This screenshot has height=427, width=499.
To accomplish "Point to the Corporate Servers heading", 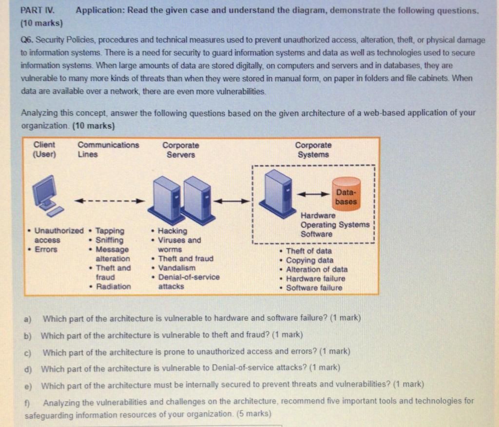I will tap(181, 150).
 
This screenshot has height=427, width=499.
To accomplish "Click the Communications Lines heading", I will tap(108, 150).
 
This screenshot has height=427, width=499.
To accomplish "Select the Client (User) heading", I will tap(44, 150).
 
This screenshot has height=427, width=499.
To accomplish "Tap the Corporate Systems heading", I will tap(313, 150).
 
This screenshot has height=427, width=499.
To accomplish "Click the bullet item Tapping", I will tap(110, 231).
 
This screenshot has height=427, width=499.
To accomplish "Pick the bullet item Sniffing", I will tap(110, 240).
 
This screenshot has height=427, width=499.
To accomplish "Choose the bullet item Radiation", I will tap(114, 287).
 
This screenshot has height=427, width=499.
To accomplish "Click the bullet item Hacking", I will tap(173, 231).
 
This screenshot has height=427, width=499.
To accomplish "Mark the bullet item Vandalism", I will tap(177, 268).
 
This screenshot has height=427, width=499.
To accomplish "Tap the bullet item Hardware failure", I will tap(315, 279).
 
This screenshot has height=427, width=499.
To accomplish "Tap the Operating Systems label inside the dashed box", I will tap(335, 225).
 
